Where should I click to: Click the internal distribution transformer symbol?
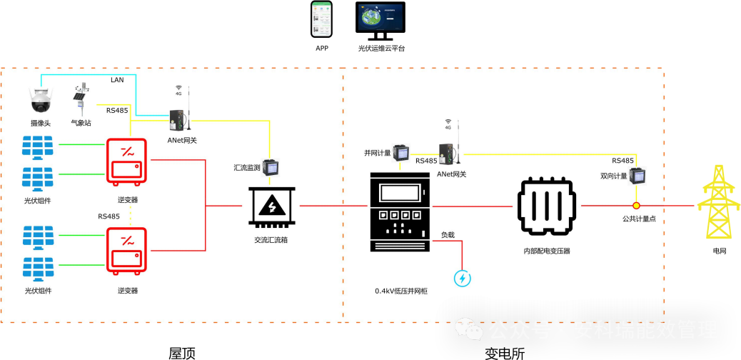click(546, 206)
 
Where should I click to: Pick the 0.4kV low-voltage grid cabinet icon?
click(400, 212)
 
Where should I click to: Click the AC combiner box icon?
click(271, 207)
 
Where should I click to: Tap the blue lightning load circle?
click(463, 278)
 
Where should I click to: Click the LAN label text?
click(117, 80)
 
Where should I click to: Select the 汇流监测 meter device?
click(271, 167)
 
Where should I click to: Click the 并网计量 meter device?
click(403, 152)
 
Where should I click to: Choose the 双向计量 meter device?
click(637, 176)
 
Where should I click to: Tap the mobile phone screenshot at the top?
click(321, 19)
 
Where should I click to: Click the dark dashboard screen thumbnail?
click(380, 17)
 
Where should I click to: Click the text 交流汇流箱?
click(271, 240)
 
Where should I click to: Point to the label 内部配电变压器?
click(546, 251)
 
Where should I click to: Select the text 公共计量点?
click(638, 219)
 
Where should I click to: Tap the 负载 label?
click(447, 234)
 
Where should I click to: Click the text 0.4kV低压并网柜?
click(400, 291)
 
